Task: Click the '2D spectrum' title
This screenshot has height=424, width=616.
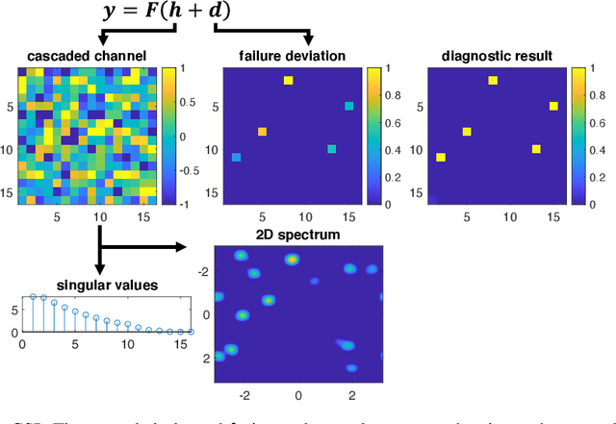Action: point(297,234)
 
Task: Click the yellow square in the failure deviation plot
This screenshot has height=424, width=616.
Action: point(288,81)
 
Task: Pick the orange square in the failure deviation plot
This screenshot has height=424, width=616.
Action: point(262,132)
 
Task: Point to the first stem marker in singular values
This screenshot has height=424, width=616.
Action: point(33,297)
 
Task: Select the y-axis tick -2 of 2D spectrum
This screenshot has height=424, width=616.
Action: point(203,273)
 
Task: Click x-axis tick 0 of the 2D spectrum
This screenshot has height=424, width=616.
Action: point(297,394)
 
